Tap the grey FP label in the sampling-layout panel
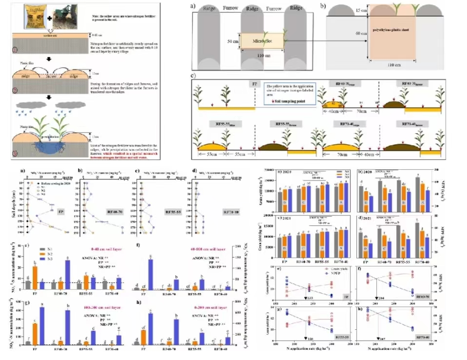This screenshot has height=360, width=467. coord(254,83)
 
